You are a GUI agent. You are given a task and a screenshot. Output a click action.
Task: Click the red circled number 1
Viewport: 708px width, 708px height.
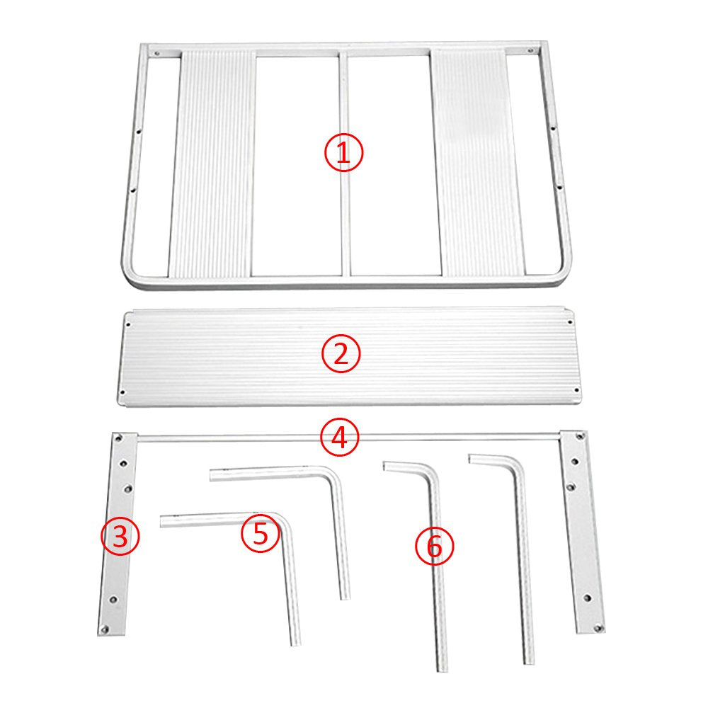343,152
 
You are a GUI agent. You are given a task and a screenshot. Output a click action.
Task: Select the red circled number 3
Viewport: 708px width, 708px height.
120,537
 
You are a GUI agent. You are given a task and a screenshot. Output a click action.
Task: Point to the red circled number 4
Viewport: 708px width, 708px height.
340,437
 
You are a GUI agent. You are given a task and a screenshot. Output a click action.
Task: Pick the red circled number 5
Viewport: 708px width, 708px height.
261,534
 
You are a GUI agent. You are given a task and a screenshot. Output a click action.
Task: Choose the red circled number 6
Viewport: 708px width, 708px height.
435,546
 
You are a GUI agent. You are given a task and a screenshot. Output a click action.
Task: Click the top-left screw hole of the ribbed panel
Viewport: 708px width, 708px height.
129,324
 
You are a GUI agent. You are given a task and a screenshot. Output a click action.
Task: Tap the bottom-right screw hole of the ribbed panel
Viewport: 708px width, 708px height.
576,389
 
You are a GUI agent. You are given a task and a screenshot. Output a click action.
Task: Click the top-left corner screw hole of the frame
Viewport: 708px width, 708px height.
157,53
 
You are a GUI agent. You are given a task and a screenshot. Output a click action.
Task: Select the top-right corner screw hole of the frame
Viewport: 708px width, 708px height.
531,50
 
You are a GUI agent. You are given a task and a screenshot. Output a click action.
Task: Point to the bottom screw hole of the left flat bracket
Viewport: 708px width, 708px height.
105,628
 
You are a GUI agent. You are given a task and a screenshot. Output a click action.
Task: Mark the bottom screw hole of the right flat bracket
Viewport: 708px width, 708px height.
599,627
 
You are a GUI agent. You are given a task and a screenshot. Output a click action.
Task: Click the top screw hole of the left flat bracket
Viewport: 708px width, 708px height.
119,438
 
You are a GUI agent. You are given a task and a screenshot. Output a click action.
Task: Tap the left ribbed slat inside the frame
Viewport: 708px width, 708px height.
212,164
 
